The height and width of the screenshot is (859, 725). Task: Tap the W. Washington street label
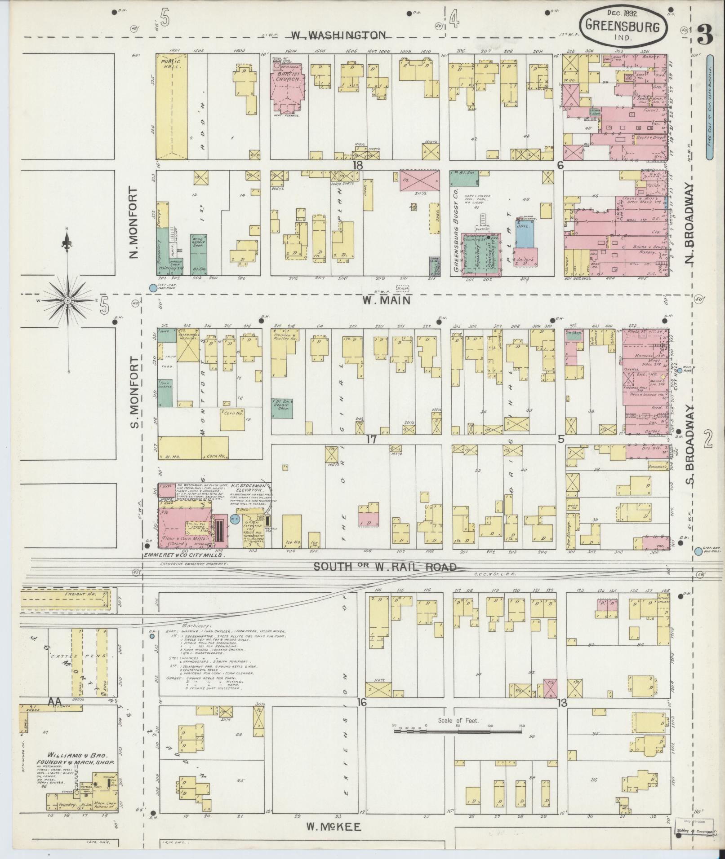338,35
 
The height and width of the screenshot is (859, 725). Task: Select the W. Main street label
387,300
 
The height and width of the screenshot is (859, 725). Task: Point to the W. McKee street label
334,826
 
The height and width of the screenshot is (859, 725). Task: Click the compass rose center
67,300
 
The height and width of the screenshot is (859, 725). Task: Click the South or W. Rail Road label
385,567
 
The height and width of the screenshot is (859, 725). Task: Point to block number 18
357,166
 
